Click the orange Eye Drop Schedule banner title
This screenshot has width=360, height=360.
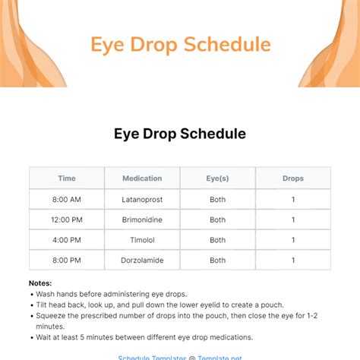(x=180, y=45)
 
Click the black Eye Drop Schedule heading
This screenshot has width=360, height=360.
(x=180, y=134)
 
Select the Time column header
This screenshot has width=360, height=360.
(x=67, y=178)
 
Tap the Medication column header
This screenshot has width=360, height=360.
(x=142, y=178)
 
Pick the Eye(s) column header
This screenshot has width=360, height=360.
(x=218, y=178)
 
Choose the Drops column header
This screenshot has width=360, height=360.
(x=293, y=178)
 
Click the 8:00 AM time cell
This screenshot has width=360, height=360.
(x=67, y=200)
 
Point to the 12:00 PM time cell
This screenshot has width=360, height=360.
(x=67, y=220)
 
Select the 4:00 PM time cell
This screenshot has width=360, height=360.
(x=67, y=241)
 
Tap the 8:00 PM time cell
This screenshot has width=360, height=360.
(x=67, y=261)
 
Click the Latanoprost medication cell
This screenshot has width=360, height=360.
(x=142, y=200)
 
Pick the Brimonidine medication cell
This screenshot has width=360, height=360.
(x=142, y=220)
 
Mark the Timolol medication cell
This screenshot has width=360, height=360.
(x=142, y=241)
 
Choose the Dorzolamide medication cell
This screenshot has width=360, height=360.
(x=142, y=261)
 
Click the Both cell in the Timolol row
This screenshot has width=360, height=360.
(x=218, y=241)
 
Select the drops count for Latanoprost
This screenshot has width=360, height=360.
(x=293, y=200)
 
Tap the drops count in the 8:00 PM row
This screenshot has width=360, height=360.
(x=293, y=261)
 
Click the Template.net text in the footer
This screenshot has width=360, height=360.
(x=219, y=357)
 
